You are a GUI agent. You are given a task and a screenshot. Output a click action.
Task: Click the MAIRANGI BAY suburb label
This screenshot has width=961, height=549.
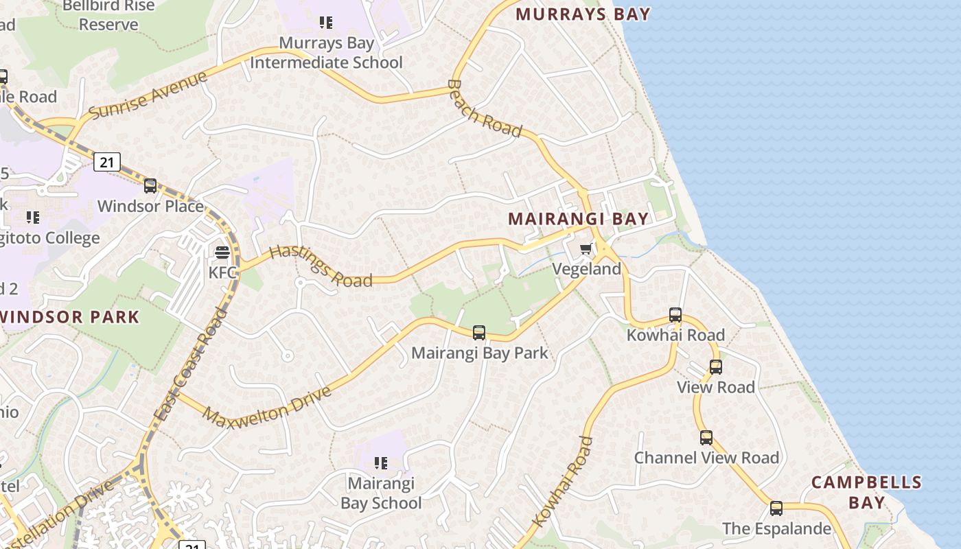click(578, 219)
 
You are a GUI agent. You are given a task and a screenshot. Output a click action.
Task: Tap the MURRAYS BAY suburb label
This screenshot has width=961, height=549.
click(583, 14)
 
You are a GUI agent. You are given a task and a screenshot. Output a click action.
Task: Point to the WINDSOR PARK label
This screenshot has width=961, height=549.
click(69, 317)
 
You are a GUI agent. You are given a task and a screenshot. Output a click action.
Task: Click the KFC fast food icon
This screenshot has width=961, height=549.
click(222, 253)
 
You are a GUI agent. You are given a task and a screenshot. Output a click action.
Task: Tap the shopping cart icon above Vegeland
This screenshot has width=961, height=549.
click(586, 249)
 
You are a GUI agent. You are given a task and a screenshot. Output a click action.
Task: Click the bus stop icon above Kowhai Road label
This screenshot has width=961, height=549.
click(675, 316)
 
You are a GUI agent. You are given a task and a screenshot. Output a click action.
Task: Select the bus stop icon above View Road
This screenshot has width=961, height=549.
click(716, 367)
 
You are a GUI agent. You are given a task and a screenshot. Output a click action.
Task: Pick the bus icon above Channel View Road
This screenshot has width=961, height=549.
click(706, 438)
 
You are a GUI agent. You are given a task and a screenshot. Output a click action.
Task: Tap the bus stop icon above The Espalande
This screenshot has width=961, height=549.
click(776, 509)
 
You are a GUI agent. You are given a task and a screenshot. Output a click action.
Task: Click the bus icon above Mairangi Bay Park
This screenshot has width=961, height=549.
click(479, 333)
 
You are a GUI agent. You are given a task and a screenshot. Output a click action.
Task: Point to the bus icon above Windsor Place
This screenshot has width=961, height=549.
click(150, 186)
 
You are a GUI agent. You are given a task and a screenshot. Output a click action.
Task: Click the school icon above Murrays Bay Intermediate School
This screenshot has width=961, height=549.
click(326, 23)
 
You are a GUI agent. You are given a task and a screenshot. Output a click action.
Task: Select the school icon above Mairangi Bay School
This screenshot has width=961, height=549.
click(381, 464)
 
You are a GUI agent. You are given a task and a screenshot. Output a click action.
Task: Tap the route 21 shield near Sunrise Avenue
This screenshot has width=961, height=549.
click(107, 162)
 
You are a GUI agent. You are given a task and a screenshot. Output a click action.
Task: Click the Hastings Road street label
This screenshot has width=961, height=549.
click(321, 266)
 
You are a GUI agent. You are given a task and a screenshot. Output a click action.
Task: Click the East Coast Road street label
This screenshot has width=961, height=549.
click(192, 364)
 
